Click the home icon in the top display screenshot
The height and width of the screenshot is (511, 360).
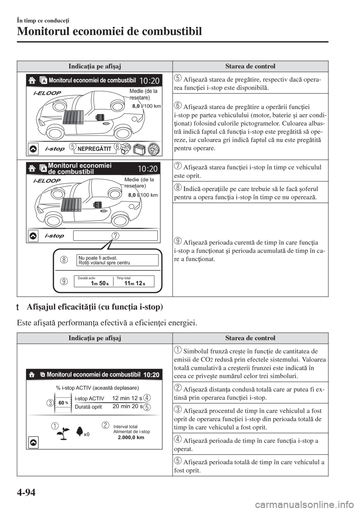click(33, 80)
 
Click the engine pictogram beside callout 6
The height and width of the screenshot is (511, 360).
click(126, 149)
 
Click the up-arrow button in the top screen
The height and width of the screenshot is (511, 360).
click(33, 149)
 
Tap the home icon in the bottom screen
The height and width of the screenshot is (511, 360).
click(33, 374)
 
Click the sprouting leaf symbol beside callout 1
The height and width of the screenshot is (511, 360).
click(60, 433)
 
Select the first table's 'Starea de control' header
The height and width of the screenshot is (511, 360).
click(250, 66)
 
